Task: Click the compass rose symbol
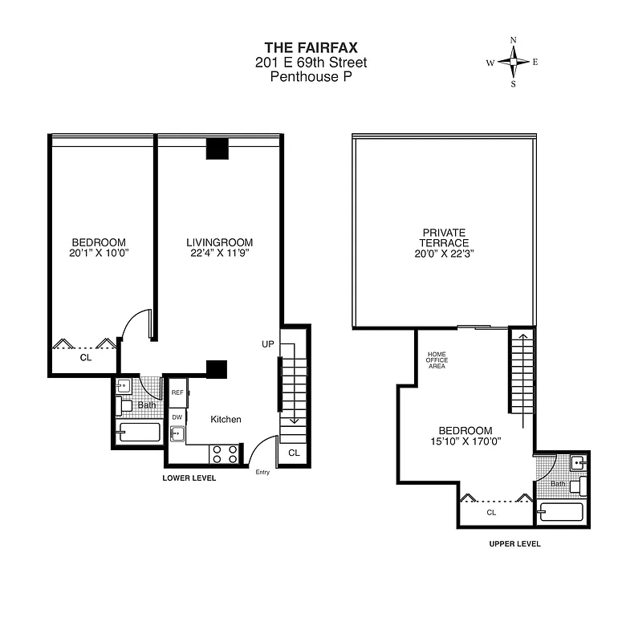click(514, 62)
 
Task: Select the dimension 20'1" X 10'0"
click(99, 254)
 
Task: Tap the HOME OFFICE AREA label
click(436, 360)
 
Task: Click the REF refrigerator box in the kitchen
click(177, 392)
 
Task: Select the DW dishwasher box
click(177, 417)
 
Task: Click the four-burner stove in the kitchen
click(224, 454)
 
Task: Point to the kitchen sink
click(177, 435)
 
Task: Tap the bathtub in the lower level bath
click(140, 433)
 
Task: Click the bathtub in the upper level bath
click(564, 511)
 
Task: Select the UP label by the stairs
click(267, 343)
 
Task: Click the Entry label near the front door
click(262, 472)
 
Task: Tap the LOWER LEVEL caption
click(189, 478)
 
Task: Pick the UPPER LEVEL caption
click(514, 543)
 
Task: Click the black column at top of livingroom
click(217, 149)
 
